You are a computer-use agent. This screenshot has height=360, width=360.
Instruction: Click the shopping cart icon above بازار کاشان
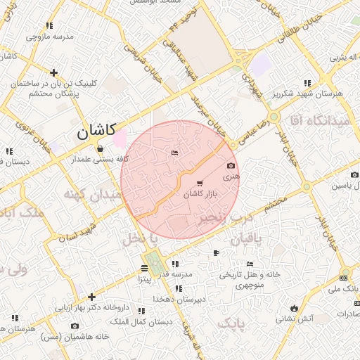200,184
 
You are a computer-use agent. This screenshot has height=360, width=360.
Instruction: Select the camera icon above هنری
231,166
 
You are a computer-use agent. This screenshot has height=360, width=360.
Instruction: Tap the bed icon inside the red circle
174,153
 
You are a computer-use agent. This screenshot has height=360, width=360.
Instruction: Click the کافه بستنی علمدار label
100,159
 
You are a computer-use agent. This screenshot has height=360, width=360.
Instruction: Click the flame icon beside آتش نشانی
293,308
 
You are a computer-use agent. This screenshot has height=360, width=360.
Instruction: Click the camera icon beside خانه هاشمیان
75,326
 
